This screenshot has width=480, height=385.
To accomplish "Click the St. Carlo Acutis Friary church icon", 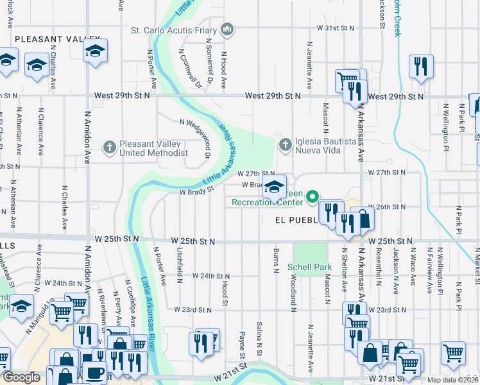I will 227,30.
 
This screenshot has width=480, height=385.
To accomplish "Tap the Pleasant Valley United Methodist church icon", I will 110,148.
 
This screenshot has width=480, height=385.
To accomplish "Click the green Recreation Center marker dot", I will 313,196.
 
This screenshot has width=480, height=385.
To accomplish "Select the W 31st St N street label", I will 336,28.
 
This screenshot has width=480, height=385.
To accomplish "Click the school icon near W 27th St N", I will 274,187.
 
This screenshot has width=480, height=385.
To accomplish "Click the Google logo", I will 21,378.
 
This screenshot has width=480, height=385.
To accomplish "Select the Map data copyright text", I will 453,380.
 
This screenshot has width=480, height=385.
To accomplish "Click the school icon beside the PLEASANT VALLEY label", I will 95,51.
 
